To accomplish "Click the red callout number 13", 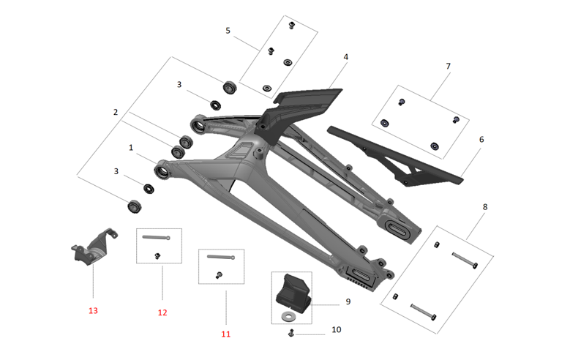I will [93, 311].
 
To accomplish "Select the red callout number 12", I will [162, 312].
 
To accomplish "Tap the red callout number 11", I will [225, 334].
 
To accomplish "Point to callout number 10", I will [336, 330].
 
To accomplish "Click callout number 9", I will [348, 301].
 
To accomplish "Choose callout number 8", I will [484, 207].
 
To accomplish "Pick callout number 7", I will [449, 66].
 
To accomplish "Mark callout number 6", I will [481, 139].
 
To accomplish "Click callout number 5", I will [228, 31].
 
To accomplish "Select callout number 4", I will [345, 56].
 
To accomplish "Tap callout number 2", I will [115, 112].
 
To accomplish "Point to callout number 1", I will [131, 147].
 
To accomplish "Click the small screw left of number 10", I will [291, 334].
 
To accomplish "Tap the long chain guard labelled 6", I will [395, 156].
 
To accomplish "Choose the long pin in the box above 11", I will [221, 256].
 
